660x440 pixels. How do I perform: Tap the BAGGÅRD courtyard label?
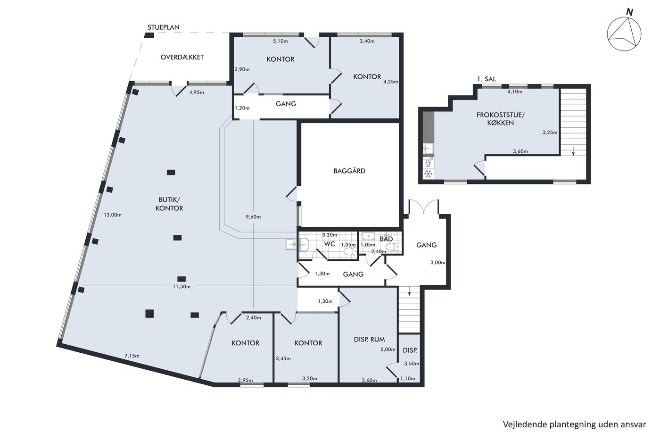tap(349, 171)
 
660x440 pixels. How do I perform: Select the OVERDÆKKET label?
tap(182, 57)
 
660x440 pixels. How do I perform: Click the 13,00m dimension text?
tap(113, 215)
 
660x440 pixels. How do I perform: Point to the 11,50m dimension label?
tap(181, 286)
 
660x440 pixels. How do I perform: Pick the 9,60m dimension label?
tap(254, 217)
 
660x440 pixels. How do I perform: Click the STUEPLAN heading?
tap(164, 27)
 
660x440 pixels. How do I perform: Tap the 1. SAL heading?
tap(487, 79)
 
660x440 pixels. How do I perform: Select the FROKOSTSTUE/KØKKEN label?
tap(501, 119)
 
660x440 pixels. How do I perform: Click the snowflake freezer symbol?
tap(429, 174)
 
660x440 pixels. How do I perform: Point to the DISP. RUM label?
tap(369, 340)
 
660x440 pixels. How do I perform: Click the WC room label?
tap(330, 244)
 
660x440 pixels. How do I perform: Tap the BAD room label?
tap(386, 239)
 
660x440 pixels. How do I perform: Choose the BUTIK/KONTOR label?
tap(169, 204)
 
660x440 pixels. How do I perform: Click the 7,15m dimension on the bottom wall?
tap(132, 356)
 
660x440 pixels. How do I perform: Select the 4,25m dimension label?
tap(391, 82)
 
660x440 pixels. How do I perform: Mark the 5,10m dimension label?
tap(280, 41)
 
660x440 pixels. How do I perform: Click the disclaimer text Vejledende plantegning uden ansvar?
tap(574, 424)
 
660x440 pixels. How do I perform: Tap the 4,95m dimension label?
tap(197, 92)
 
